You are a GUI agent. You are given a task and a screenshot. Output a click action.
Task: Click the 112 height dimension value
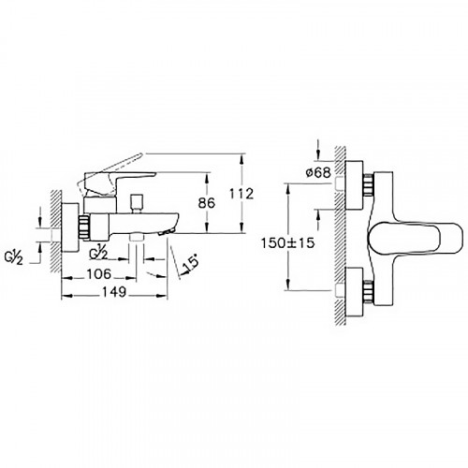coord(241,194)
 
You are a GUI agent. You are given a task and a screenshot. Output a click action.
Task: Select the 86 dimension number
coord(207,203)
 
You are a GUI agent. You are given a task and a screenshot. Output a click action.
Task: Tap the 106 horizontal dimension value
coord(98,274)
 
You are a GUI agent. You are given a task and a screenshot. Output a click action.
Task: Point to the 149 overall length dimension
coord(114,292)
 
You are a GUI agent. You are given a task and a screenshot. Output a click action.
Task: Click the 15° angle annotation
coord(191,262)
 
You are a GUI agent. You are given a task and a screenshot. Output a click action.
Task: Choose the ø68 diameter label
coord(318,172)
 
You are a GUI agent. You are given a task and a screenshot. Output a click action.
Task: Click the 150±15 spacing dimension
coord(287,242)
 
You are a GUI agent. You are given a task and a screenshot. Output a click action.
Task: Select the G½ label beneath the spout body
coord(98,254)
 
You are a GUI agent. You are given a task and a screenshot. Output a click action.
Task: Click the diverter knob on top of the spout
coord(137,203)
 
